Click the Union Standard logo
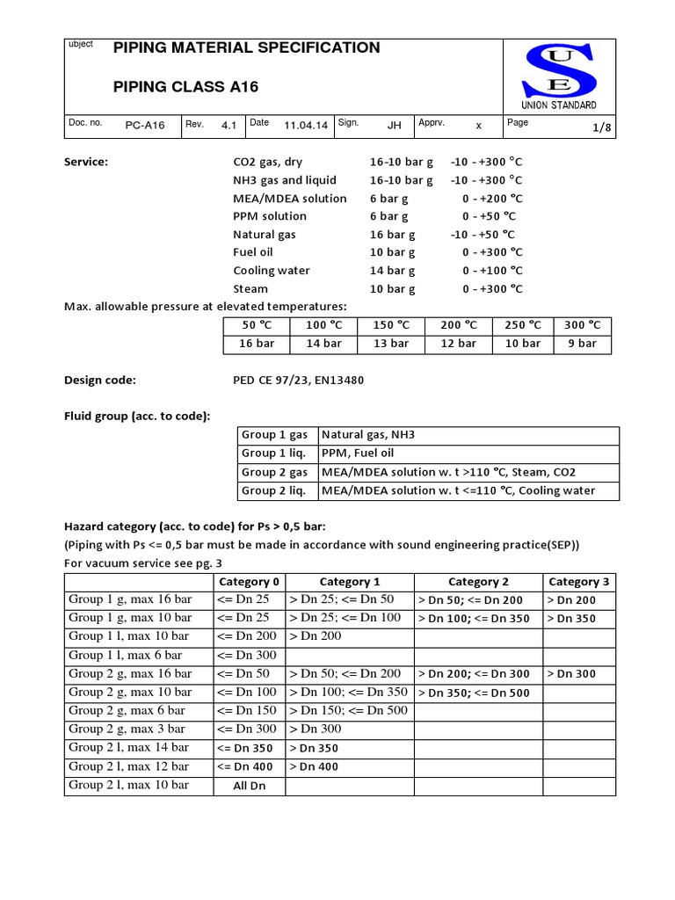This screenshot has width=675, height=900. click(x=559, y=76)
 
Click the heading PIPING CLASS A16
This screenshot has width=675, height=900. click(x=186, y=86)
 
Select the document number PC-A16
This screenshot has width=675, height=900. click(x=145, y=126)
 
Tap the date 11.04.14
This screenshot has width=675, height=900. click(x=306, y=126)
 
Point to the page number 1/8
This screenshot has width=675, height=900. click(x=601, y=127)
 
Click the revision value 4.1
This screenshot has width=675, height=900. click(x=229, y=126)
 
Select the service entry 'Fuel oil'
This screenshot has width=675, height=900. click(x=253, y=252)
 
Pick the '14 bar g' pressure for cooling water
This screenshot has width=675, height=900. click(x=392, y=271)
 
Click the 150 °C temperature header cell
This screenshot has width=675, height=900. click(x=391, y=325)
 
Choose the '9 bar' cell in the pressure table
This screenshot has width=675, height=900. click(x=582, y=344)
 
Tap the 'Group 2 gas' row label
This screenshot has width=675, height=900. click(x=274, y=472)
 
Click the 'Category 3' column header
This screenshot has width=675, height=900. click(x=578, y=582)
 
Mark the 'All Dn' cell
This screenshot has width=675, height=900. click(x=250, y=786)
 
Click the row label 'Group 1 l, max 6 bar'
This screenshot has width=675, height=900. click(x=126, y=655)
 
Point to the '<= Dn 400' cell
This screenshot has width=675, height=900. click(x=250, y=767)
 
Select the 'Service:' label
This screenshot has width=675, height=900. click(x=86, y=162)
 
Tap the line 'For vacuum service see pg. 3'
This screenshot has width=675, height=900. click(x=143, y=562)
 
